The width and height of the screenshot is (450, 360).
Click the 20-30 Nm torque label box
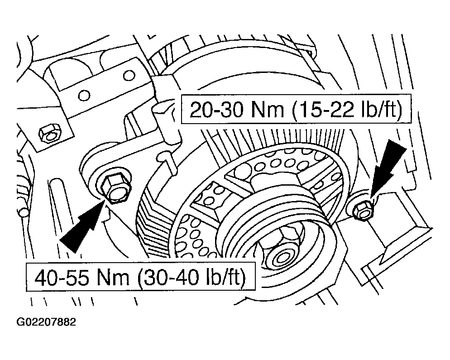(x=296, y=109)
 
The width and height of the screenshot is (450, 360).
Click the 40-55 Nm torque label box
(x=141, y=276)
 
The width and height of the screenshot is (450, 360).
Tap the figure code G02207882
(x=46, y=322)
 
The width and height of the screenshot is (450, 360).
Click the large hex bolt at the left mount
(x=117, y=189)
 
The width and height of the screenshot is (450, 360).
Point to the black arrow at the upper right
(x=388, y=168)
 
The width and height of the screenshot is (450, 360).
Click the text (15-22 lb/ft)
(x=347, y=109)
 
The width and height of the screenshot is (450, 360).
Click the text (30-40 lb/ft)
(x=191, y=277)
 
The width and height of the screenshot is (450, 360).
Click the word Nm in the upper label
(x=268, y=110)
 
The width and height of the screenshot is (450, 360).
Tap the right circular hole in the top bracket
(x=129, y=76)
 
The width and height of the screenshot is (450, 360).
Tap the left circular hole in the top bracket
(x=84, y=95)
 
